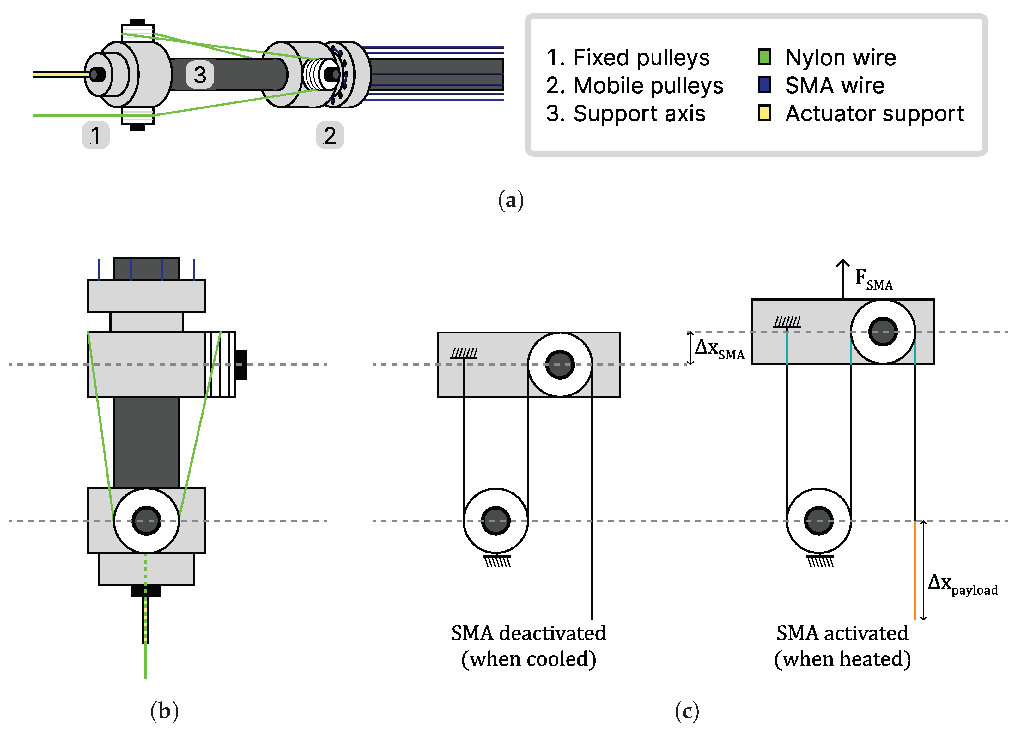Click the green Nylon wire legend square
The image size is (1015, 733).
[764, 57]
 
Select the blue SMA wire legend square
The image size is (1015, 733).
[764, 85]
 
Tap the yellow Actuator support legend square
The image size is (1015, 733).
[764, 113]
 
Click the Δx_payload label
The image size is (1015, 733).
[962, 584]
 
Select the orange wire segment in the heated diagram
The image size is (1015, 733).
[915, 571]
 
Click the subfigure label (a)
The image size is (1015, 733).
[511, 200]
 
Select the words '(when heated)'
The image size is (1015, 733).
[842, 659]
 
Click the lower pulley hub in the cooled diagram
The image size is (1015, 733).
[495, 521]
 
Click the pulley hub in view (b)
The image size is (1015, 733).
[146, 521]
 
